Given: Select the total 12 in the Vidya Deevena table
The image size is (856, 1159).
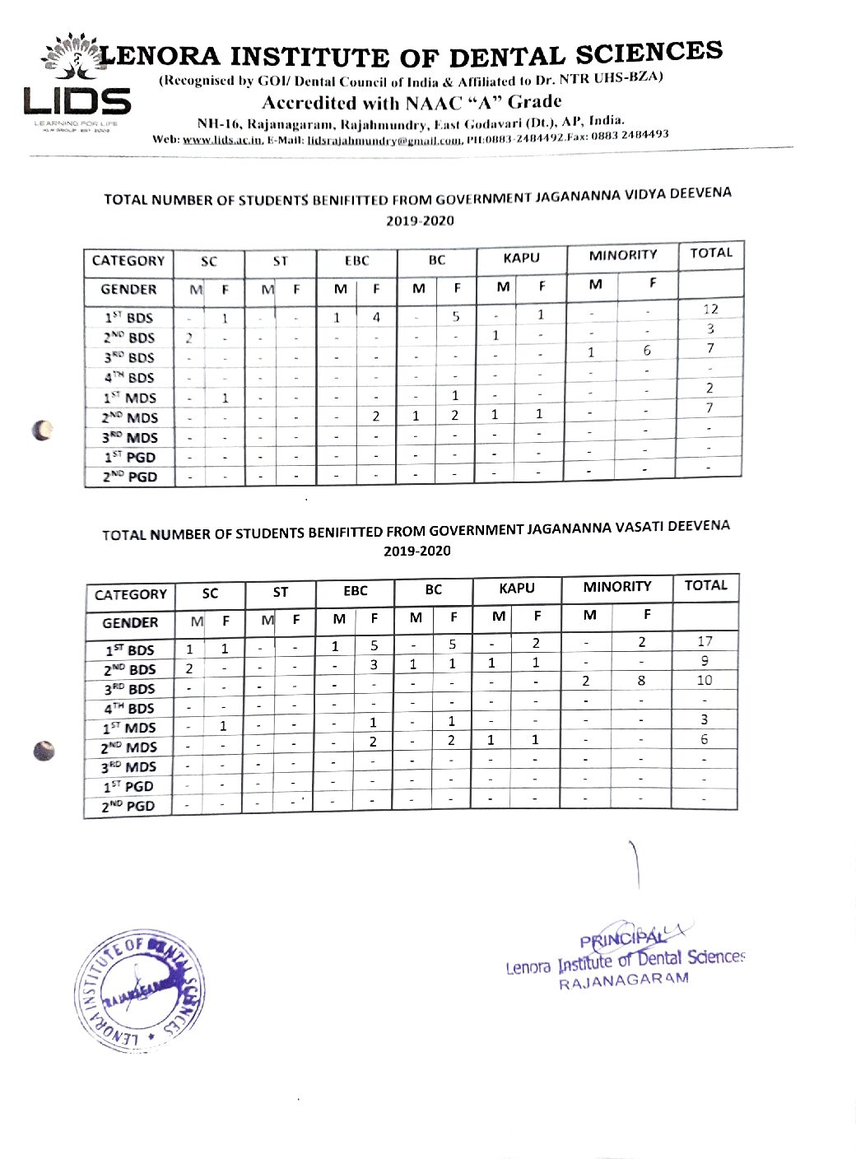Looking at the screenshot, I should [x=710, y=310].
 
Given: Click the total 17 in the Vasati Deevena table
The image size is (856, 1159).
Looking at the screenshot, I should [x=705, y=641].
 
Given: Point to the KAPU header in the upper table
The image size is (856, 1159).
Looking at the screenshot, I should [x=521, y=258].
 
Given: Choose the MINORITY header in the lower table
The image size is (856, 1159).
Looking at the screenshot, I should [x=616, y=587].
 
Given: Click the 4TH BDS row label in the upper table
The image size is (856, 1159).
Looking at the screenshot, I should [x=129, y=378].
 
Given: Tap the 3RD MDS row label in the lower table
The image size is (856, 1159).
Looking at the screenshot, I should [x=128, y=767].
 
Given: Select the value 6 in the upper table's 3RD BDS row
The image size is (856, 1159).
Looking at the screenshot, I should [x=647, y=351].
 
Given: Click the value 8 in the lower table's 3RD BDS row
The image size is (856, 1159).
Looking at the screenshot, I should [x=641, y=681].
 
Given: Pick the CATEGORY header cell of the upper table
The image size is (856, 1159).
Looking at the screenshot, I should [x=128, y=261].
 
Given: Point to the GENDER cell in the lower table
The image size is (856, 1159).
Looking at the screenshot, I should [x=130, y=623].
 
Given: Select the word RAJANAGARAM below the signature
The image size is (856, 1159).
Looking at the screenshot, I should [x=623, y=981].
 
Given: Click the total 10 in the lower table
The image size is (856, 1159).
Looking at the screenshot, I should [x=705, y=681].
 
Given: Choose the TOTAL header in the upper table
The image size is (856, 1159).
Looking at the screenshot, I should [x=711, y=253].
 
